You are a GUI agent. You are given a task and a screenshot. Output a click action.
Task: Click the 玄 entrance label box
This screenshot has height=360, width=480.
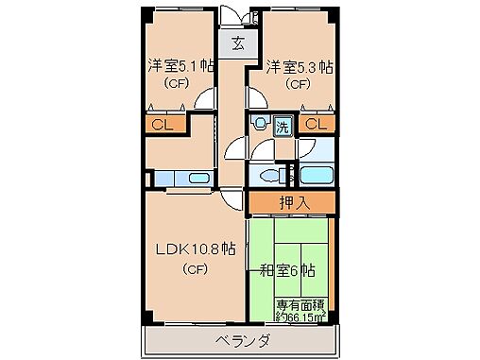(x=236, y=43)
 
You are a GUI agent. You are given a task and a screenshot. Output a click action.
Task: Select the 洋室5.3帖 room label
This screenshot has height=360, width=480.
(x=298, y=66)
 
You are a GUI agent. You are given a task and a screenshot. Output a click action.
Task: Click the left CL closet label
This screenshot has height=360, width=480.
(x=162, y=123)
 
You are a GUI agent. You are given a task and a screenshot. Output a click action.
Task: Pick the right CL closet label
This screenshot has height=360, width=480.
(x=317, y=123)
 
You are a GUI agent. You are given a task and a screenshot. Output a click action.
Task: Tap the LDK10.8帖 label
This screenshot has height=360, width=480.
(x=195, y=250)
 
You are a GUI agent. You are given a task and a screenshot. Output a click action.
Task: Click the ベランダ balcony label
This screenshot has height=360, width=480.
(x=242, y=340)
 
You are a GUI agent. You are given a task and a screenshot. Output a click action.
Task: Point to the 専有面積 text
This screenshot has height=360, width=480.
(x=301, y=304)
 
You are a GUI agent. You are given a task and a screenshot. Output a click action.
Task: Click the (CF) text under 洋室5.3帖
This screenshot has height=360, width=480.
(x=298, y=83)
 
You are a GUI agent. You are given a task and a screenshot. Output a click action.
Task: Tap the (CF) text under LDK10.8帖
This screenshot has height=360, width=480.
(x=195, y=269)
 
